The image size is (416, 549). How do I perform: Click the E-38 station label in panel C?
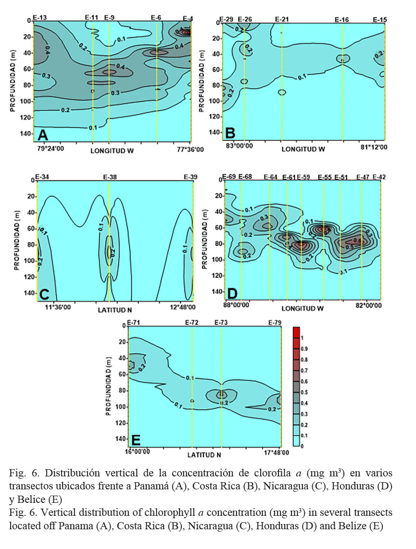110,176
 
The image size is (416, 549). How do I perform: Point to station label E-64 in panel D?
270,176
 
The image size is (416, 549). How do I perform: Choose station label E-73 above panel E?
222,322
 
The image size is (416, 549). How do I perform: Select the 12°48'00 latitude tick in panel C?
180,306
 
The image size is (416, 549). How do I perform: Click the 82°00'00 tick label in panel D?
365,305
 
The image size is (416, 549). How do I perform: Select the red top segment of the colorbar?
297,332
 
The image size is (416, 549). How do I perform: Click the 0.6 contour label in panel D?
357,240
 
